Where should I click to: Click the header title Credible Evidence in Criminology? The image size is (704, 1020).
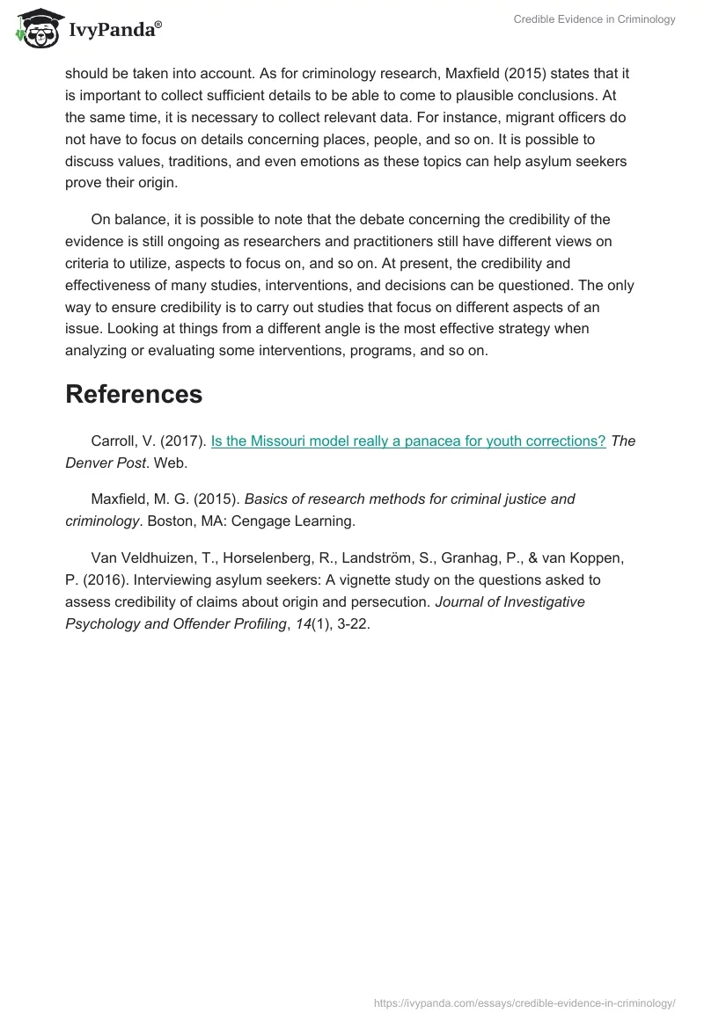[x=595, y=19]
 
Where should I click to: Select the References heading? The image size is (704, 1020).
[x=134, y=395]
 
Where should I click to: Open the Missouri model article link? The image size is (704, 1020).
[x=408, y=441]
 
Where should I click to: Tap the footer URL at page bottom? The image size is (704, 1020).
[x=524, y=1002]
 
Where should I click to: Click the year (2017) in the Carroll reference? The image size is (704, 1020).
[x=182, y=441]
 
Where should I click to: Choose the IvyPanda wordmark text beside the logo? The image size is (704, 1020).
[x=114, y=30]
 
